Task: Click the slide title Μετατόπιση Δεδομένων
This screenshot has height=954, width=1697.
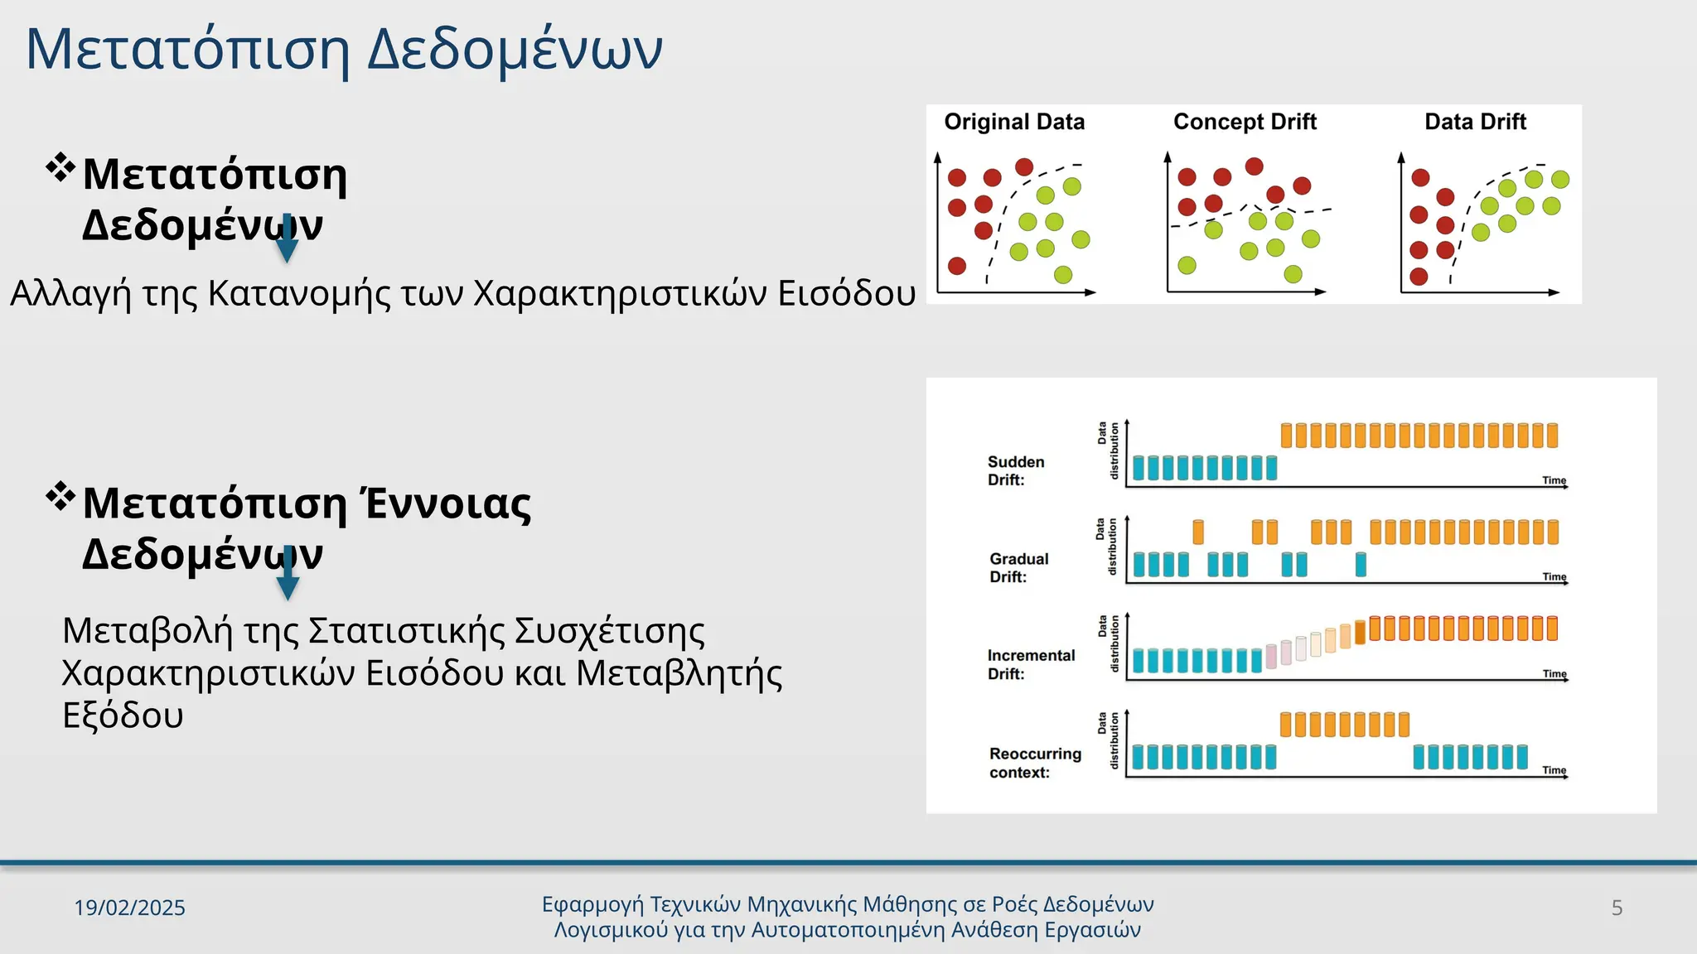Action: pos(344,50)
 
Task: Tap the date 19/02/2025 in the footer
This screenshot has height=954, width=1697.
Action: pos(129,908)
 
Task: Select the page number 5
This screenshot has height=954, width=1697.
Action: pos(1617,908)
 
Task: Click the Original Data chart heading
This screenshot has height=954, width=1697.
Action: pos(1014,122)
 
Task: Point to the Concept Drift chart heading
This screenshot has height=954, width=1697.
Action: pos(1245,122)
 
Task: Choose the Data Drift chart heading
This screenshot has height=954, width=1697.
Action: pos(1475,122)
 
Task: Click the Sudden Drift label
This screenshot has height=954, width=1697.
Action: pos(1016,470)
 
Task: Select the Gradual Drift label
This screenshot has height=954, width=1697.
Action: pos(1019,567)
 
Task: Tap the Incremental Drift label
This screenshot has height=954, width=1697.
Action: pos(1031,664)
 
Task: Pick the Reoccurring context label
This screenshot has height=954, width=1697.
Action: pos(1035,763)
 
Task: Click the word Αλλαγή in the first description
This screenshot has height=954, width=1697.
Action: pos(70,294)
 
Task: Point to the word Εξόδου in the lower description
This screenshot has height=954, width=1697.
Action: pos(123,715)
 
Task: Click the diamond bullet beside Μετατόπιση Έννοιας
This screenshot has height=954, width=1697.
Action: pos(60,497)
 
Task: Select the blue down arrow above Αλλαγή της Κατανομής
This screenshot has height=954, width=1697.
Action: pos(287,241)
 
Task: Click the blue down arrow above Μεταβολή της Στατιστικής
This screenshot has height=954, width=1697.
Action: pos(288,576)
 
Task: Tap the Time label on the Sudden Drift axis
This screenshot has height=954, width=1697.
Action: pos(1554,480)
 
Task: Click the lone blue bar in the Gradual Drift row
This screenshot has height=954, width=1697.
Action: pos(1361,565)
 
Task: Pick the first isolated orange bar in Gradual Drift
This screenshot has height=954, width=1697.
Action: pos(1198,532)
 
